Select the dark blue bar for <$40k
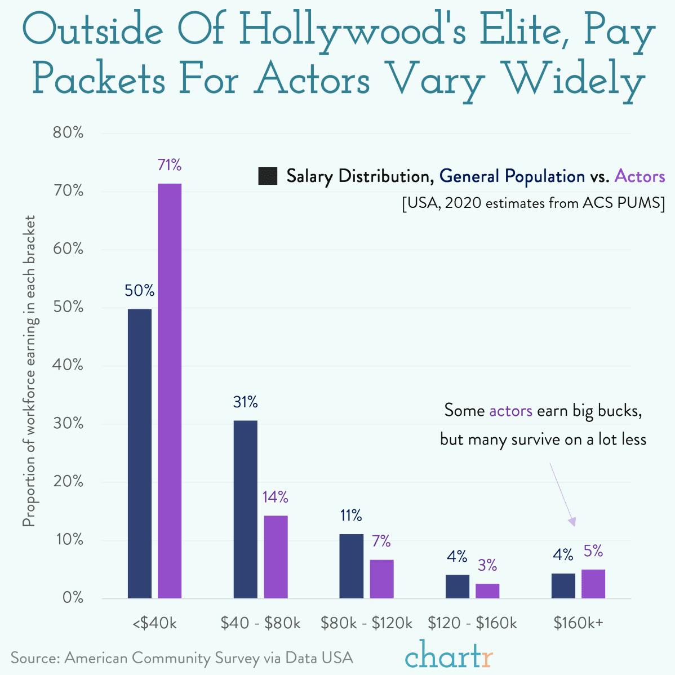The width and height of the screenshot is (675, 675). [140, 453]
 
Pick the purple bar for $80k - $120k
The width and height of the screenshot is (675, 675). [381, 579]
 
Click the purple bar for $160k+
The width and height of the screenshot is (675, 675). [593, 584]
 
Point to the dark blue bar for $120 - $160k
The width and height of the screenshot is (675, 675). [457, 586]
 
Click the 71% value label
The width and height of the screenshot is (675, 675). [170, 165]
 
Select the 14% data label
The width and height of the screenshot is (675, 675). [275, 497]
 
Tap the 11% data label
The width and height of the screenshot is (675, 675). [350, 515]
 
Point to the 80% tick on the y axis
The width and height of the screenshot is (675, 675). [68, 133]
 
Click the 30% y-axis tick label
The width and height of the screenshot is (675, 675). [68, 424]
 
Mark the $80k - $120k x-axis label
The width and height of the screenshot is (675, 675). [366, 623]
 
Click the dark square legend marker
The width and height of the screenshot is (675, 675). [267, 176]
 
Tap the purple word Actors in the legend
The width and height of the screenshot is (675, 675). [640, 176]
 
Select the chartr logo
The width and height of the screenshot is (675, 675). [448, 655]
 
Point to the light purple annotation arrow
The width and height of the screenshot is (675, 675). [562, 495]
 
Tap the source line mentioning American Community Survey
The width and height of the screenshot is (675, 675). [181, 658]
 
